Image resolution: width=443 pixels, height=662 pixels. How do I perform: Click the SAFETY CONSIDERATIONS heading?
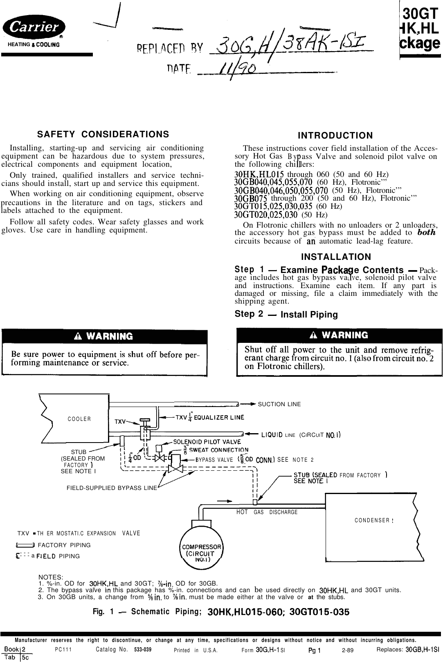coord(103,134)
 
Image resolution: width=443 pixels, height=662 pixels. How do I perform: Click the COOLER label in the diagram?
coord(79,419)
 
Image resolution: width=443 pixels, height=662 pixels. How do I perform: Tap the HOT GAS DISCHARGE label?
coord(267,512)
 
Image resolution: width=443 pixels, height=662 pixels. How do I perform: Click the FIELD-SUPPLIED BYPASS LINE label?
coord(111,488)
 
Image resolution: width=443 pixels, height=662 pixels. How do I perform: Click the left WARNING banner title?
coord(104,336)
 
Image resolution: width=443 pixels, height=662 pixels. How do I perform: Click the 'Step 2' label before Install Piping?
coord(249,314)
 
